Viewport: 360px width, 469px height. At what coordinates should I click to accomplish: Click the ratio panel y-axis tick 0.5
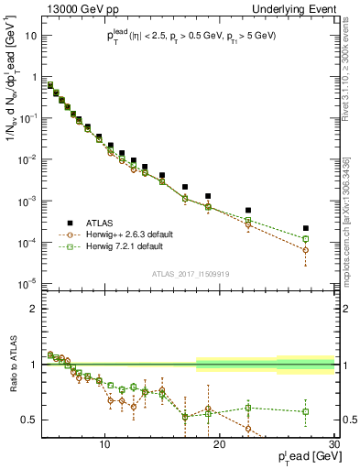click(30, 420)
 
